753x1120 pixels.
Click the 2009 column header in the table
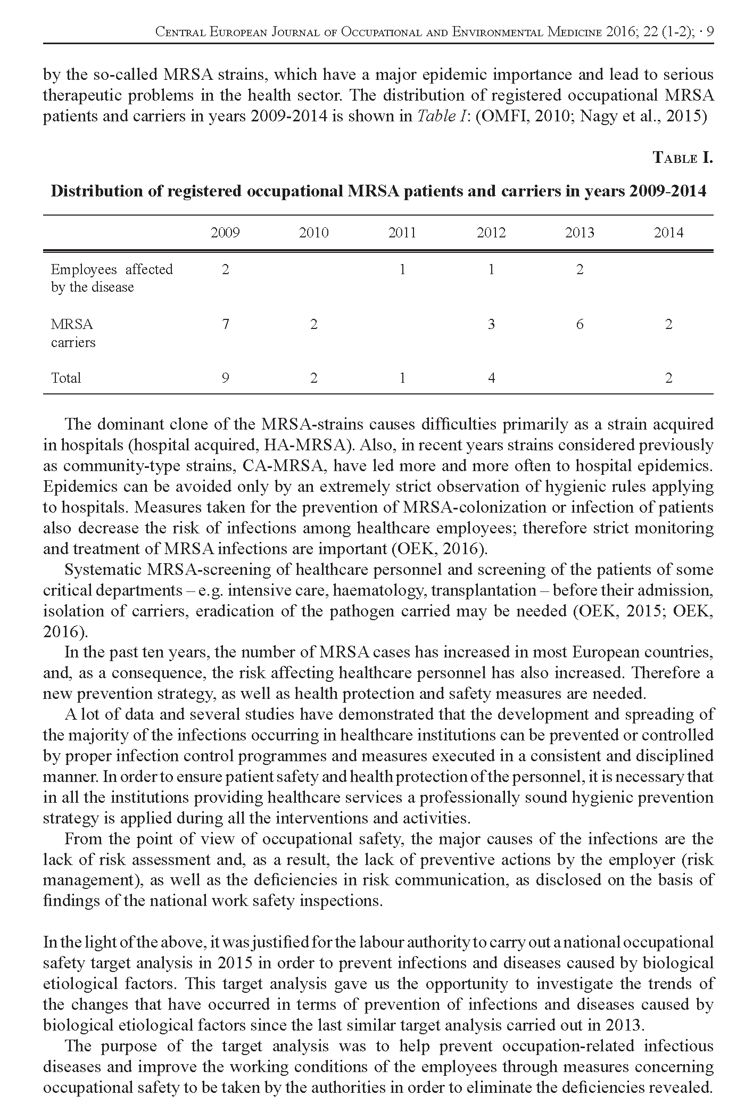[x=225, y=233]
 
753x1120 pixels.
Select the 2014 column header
[x=668, y=233]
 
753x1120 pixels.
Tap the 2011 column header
[x=402, y=233]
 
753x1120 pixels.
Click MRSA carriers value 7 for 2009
[x=226, y=324]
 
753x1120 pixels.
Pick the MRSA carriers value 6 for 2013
[x=580, y=324]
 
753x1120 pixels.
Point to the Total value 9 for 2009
[x=226, y=378]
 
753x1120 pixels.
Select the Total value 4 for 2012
[x=491, y=378]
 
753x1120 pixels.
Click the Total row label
[x=66, y=378]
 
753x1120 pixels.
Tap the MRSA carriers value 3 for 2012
[x=491, y=324]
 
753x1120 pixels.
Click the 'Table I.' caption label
[x=682, y=158]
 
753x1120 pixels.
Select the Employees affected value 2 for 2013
[x=580, y=270]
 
